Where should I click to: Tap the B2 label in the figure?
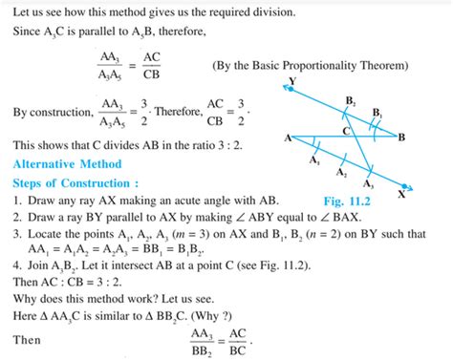coord(351,99)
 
